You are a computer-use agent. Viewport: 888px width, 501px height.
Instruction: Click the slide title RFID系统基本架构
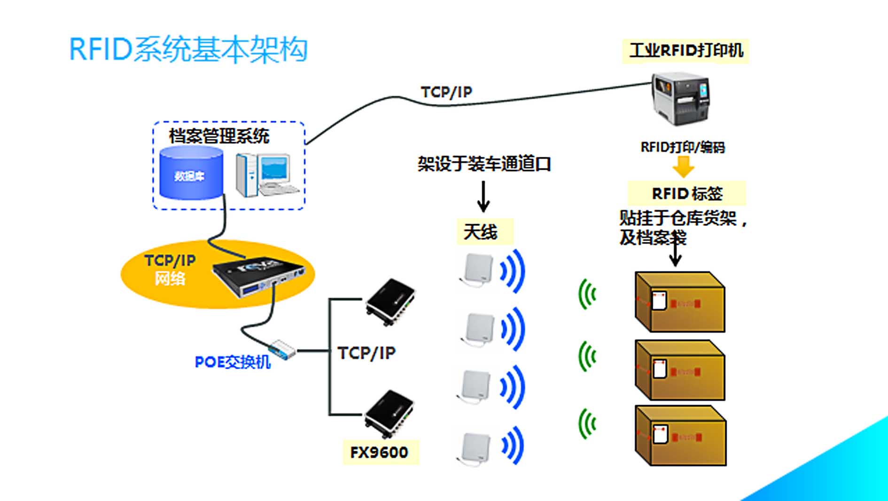[188, 49]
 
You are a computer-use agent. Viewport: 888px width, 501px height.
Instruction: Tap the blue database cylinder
[191, 173]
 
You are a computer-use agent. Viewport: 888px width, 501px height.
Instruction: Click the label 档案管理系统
[219, 136]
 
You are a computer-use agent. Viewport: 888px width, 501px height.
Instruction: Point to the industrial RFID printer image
[680, 99]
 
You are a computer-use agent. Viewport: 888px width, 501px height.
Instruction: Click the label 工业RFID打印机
[685, 50]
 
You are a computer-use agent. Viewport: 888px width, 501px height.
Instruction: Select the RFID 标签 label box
[686, 193]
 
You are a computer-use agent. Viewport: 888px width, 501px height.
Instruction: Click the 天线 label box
[484, 231]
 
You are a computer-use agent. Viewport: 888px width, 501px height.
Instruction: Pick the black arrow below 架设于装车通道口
[483, 196]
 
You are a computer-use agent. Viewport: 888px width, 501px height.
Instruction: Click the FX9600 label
[380, 452]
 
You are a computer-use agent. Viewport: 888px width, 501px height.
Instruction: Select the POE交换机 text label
[233, 362]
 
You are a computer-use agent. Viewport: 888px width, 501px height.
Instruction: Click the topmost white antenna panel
[478, 269]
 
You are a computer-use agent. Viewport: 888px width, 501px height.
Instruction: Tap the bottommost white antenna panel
[475, 448]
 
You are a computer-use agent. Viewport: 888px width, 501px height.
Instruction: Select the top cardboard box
[679, 302]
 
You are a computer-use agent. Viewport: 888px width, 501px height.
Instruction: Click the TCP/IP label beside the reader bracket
[366, 353]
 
